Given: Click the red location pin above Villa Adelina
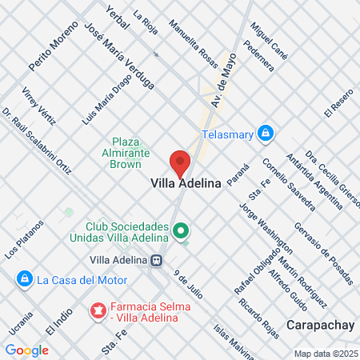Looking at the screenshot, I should point(181,162).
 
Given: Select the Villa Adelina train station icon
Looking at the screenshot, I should point(158,259).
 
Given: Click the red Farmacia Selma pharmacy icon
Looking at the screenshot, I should point(98,309).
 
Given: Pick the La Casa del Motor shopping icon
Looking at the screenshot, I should point(24,279).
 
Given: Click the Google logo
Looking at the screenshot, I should point(26,350).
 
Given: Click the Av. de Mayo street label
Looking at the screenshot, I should point(225,83).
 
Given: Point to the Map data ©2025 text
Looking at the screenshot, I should point(325,354).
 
